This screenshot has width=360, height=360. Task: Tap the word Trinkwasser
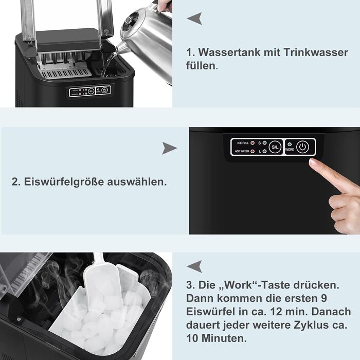click(316, 52)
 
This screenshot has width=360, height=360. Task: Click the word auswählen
click(137, 182)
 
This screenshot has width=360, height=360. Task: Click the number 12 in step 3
click(277, 312)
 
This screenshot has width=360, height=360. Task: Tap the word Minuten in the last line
click(224, 338)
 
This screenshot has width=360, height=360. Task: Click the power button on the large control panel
click(302, 147)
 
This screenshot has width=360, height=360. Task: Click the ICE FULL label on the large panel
click(243, 143)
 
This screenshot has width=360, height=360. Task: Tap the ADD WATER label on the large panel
click(242, 151)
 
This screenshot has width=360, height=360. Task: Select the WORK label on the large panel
click(290, 150)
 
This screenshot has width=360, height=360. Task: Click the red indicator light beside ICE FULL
click(253, 143)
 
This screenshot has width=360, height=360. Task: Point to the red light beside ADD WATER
click(253, 151)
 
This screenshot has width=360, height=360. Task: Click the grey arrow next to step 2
click(169, 148)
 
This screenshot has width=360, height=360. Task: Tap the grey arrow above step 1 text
click(194, 19)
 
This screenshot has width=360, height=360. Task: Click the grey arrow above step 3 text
click(194, 266)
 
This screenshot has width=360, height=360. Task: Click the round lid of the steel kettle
click(130, 22)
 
